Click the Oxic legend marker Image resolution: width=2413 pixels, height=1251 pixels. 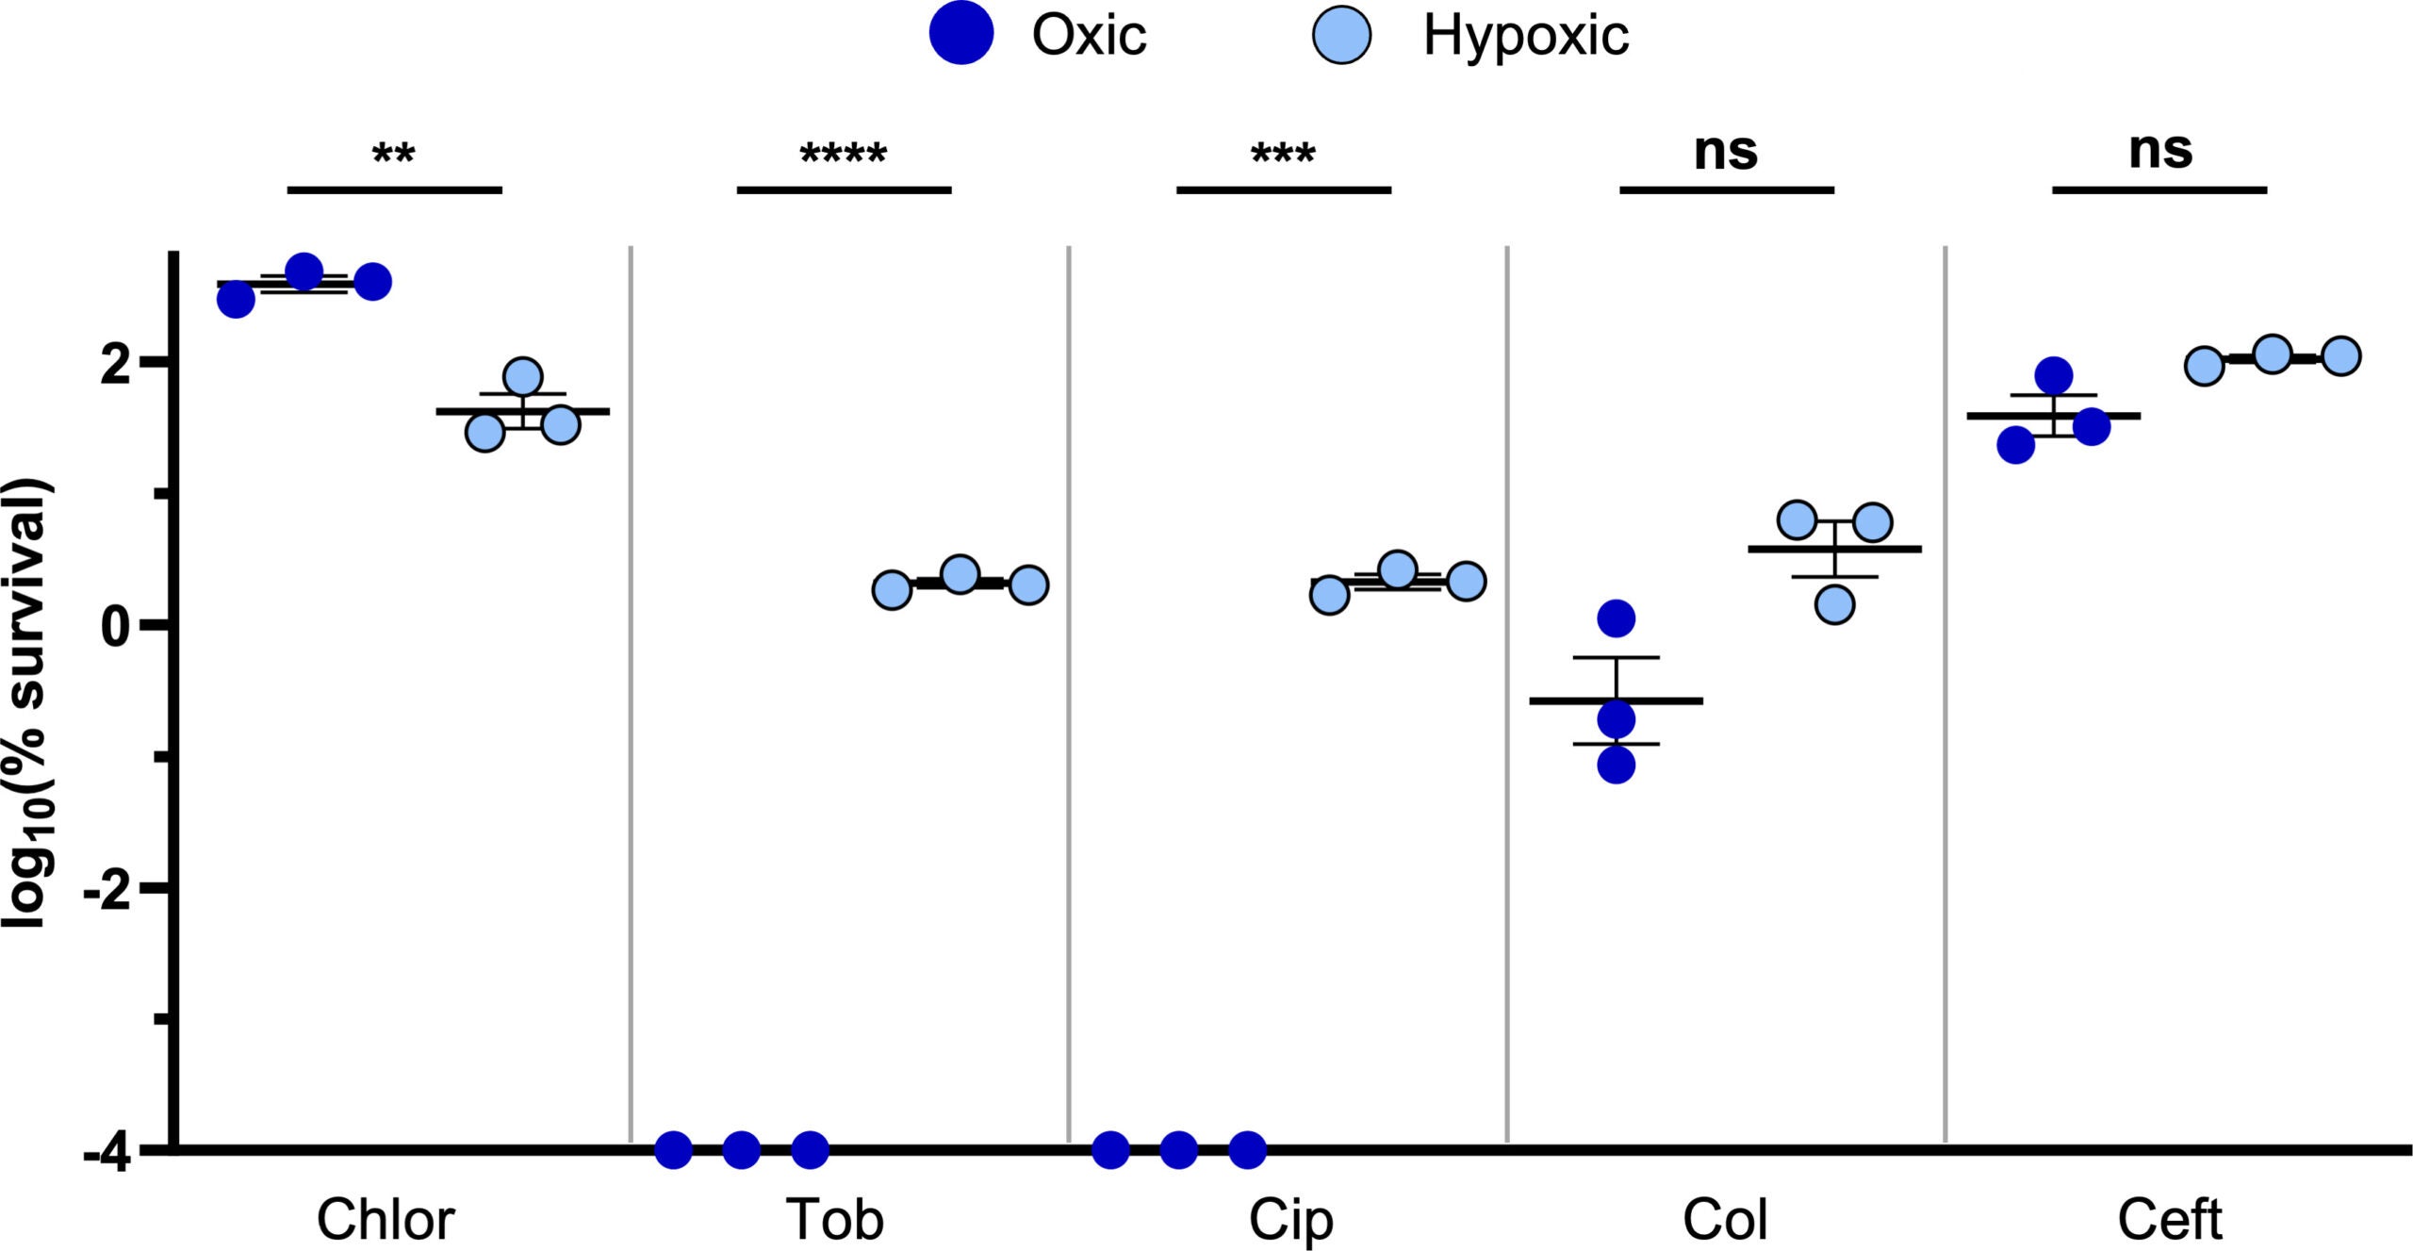[x=960, y=34]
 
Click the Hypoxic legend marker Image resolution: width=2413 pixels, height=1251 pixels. [x=1341, y=36]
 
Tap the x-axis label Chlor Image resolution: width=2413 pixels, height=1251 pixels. [x=385, y=1220]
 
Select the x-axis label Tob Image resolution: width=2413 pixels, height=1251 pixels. [x=834, y=1220]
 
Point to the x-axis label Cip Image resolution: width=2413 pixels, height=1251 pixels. [x=1290, y=1222]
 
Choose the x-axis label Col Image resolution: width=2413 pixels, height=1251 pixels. [x=1724, y=1220]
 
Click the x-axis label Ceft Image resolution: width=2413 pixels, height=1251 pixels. [x=2169, y=1220]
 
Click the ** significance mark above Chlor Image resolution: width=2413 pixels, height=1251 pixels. [x=393, y=154]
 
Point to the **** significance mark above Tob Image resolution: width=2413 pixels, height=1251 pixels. [x=843, y=154]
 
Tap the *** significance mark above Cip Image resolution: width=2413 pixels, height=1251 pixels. [x=1283, y=154]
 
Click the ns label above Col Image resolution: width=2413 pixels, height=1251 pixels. [x=1725, y=151]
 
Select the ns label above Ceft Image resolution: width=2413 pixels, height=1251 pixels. [x=2159, y=150]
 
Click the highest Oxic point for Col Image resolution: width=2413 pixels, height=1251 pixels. [x=1616, y=618]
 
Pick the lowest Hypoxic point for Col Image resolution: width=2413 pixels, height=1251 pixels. [x=1834, y=604]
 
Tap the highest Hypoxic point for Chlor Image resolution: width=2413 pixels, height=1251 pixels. [x=522, y=377]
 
